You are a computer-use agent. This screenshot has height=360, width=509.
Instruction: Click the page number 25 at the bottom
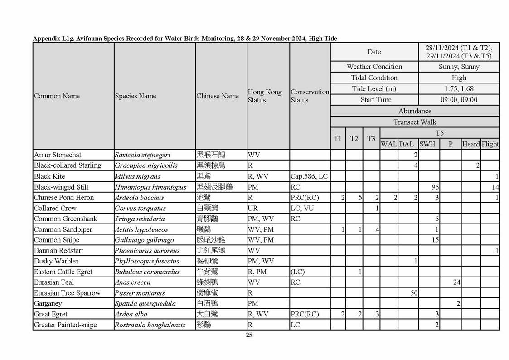[x=249, y=335]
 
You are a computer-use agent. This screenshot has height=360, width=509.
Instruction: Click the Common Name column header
[x=57, y=96]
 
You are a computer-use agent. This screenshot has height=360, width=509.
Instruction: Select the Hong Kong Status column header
[x=265, y=96]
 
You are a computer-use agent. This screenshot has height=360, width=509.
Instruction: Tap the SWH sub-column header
[x=427, y=144]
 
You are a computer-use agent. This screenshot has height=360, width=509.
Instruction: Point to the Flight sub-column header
[x=490, y=144]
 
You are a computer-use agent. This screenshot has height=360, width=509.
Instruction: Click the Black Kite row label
[x=49, y=176]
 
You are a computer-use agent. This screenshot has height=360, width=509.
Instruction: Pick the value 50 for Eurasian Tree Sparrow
[x=414, y=293]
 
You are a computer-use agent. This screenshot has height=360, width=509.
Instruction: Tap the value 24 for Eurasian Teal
[x=456, y=282]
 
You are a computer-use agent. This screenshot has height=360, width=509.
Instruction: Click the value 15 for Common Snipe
[x=435, y=240]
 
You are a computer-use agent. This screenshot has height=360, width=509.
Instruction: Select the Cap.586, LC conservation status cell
[x=309, y=176]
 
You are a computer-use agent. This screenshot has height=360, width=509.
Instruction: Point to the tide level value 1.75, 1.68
[x=459, y=89]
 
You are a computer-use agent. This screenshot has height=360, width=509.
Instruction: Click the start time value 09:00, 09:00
[x=459, y=100]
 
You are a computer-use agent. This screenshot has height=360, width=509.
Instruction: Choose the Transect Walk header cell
[x=415, y=122]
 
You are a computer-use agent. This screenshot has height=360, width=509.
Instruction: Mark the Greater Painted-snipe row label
[x=65, y=325]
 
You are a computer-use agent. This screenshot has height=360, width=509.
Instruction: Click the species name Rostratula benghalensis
[x=150, y=325]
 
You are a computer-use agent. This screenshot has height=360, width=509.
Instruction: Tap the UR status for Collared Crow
[x=252, y=208]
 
